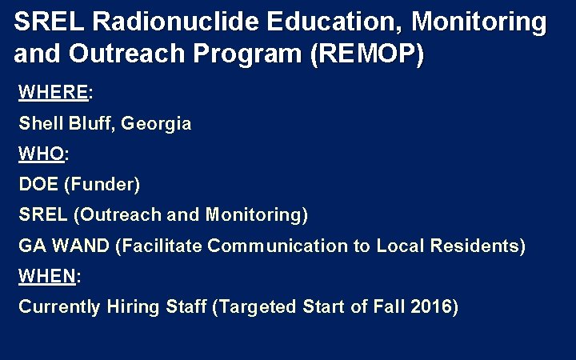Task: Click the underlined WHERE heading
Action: pyautogui.click(x=53, y=92)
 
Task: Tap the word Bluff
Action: pyautogui.click(x=92, y=124)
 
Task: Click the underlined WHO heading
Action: pyautogui.click(x=42, y=154)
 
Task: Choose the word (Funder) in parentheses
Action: pyautogui.click(x=102, y=184)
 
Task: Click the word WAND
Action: pyautogui.click(x=82, y=246)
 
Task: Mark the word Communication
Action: pyautogui.click(x=277, y=246)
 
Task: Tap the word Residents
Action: pyautogui.click(x=478, y=246)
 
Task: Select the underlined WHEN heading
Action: pyautogui.click(x=46, y=276)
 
